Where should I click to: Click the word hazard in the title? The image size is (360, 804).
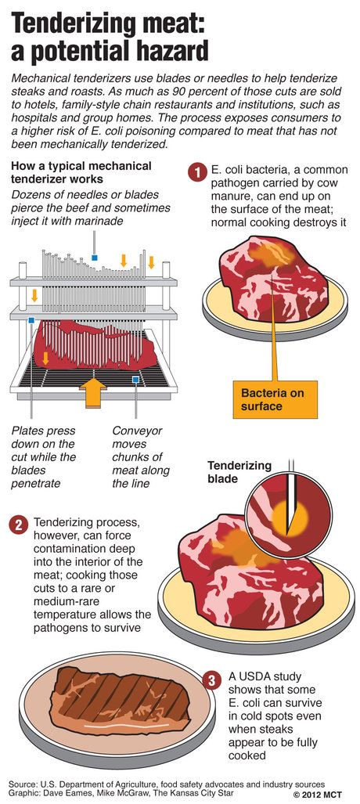pyautogui.click(x=166, y=51)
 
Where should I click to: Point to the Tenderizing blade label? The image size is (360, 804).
pyautogui.click(x=239, y=471)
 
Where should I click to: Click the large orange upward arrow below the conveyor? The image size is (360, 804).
pyautogui.click(x=93, y=391)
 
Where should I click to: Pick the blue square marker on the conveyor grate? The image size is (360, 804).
pyautogui.click(x=135, y=380)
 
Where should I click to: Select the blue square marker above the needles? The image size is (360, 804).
pyautogui.click(x=95, y=257)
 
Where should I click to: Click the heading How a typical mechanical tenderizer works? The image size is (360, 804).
pyautogui.click(x=81, y=172)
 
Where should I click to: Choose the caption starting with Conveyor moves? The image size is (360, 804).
pyautogui.click(x=141, y=457)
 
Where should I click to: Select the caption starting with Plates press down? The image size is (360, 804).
pyautogui.click(x=43, y=457)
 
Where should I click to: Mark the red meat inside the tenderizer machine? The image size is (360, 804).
pyautogui.click(x=95, y=344)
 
